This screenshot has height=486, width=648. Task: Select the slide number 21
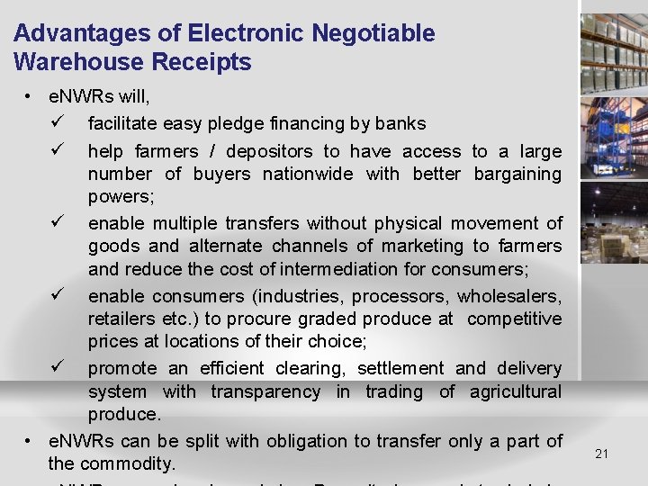602,454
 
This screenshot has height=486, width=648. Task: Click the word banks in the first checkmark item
400,123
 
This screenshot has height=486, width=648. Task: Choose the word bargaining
517,174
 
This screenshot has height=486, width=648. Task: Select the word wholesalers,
509,296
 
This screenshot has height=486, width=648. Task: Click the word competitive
515,319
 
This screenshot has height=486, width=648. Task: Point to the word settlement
400,368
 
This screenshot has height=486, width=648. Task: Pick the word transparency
265,391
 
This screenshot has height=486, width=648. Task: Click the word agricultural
515,391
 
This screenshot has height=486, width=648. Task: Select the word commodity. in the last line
127,463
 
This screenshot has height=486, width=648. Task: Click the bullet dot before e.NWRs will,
31,95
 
